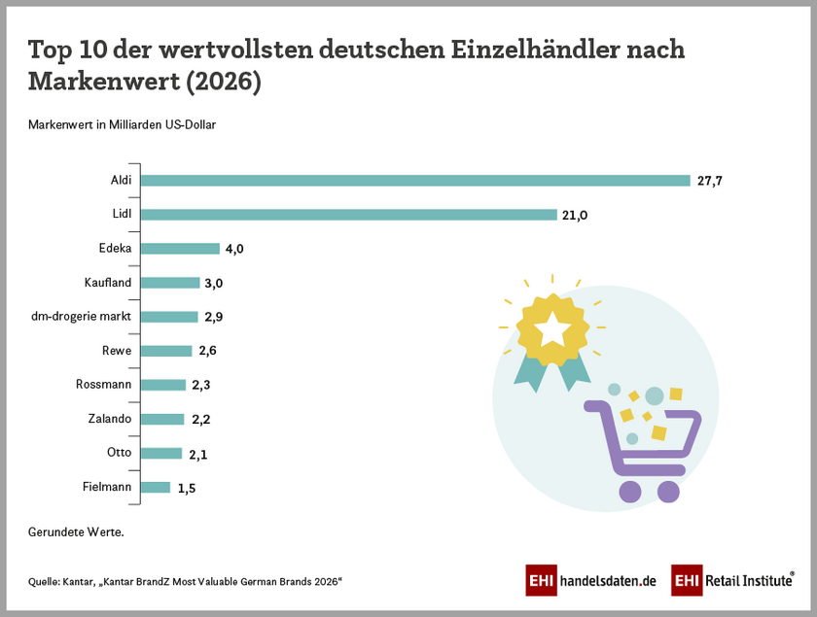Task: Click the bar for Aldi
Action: [x=415, y=181]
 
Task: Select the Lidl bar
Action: [x=349, y=215]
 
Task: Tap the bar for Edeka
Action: [x=180, y=249]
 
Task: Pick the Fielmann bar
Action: [x=156, y=487]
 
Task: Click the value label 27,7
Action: [x=708, y=181]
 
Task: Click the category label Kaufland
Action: [x=108, y=283]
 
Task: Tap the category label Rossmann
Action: [x=103, y=385]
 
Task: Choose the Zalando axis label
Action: [x=109, y=419]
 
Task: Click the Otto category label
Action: [x=119, y=453]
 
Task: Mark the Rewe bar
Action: [x=166, y=351]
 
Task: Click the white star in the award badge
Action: [x=551, y=329]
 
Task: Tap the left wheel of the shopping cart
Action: [x=629, y=492]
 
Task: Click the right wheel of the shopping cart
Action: [x=668, y=492]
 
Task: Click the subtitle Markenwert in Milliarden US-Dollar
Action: [x=122, y=125]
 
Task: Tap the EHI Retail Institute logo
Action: [x=731, y=580]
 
